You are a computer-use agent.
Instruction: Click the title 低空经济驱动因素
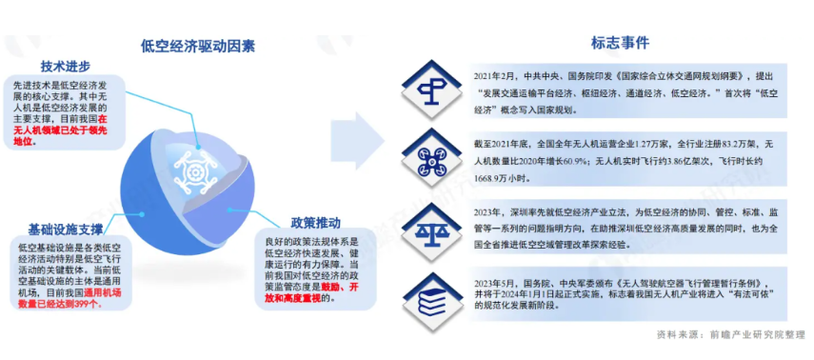[x=197, y=44]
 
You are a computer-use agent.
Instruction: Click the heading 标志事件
[x=619, y=42]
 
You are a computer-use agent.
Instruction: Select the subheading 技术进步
[x=66, y=66]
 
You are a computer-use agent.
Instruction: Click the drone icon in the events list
[x=428, y=153]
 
